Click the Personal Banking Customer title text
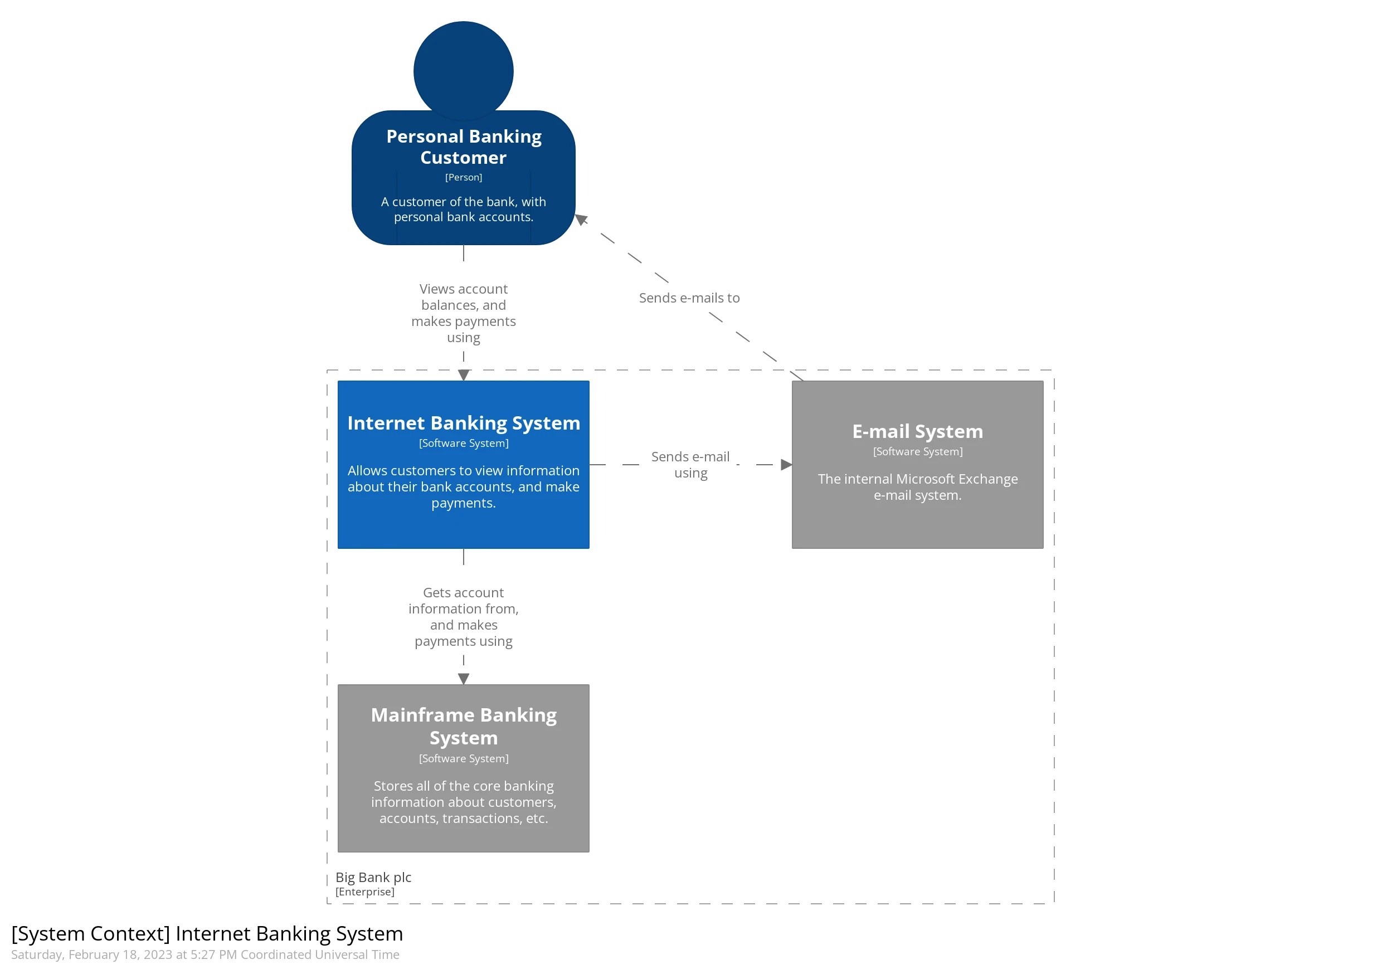tap(463, 147)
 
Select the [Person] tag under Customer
tap(463, 177)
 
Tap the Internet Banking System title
tap(463, 422)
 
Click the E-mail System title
tap(917, 431)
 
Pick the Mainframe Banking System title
tap(463, 725)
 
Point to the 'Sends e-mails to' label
tap(689, 298)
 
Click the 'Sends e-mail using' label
tap(690, 464)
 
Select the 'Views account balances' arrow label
tap(463, 313)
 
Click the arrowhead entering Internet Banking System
tap(463, 375)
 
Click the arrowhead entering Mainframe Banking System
tap(463, 679)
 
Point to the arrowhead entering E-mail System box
tap(786, 464)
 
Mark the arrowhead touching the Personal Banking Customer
tap(581, 219)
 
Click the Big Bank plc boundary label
tap(373, 876)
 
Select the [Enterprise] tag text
tap(365, 891)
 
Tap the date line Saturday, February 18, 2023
tap(205, 954)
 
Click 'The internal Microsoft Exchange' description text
tap(917, 479)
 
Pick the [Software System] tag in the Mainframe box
tap(463, 758)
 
